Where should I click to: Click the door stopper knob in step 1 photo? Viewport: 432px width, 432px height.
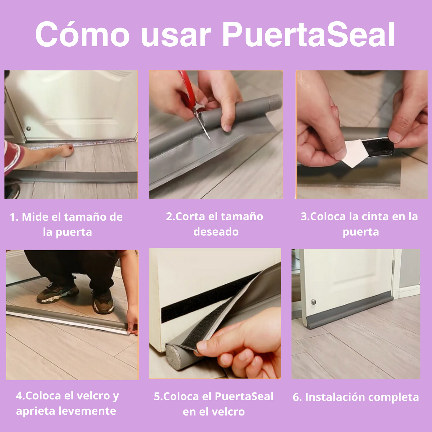(29, 129)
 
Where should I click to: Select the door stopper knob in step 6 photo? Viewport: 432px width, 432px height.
(313, 302)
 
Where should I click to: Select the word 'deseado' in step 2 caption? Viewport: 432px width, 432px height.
(216, 232)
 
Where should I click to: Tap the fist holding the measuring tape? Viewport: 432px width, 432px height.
(67, 150)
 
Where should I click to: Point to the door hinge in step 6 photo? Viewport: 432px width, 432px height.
(393, 267)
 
